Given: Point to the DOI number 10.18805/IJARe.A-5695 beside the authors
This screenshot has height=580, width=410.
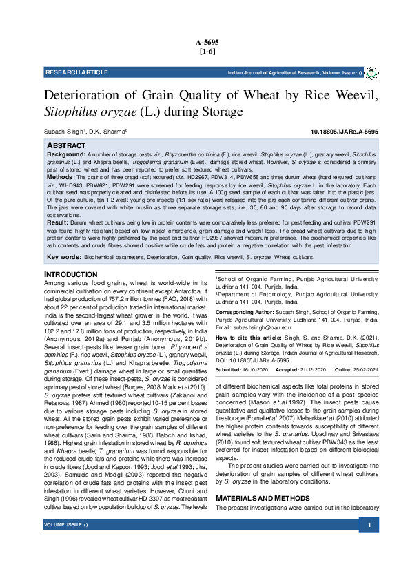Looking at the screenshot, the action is click(345, 131).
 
